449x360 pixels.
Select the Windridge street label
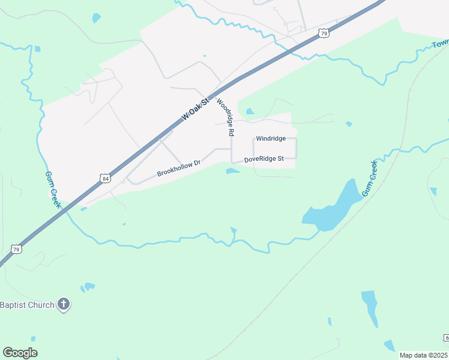point(270,139)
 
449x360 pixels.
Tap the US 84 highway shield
point(105,178)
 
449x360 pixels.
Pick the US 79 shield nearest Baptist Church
point(16,248)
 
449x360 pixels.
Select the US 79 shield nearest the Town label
point(324,34)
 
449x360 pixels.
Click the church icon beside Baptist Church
point(64,305)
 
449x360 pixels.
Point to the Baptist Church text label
point(28,305)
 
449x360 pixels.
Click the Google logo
point(20,353)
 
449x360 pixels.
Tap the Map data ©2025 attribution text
point(424,355)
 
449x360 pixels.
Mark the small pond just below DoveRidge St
point(233,172)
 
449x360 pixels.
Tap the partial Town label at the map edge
point(441,44)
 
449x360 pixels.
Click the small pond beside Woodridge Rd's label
point(249,111)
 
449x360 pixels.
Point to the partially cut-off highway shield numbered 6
point(447,338)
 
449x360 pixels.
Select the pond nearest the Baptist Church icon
point(89,287)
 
